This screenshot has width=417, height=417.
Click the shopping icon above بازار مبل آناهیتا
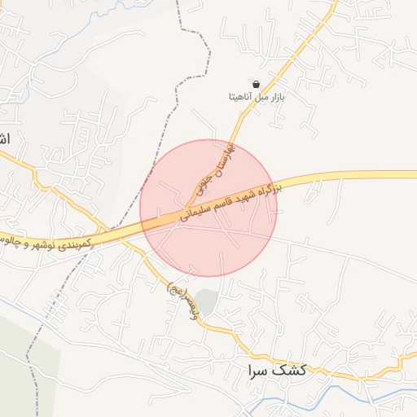[x=256, y=84]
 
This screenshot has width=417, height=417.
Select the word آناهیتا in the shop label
[x=241, y=97]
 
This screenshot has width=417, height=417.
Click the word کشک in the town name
[x=290, y=370]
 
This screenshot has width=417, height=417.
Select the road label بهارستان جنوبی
[x=213, y=169]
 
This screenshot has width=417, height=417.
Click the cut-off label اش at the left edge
[x=4, y=139]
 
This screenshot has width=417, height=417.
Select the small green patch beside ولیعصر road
[x=208, y=302]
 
